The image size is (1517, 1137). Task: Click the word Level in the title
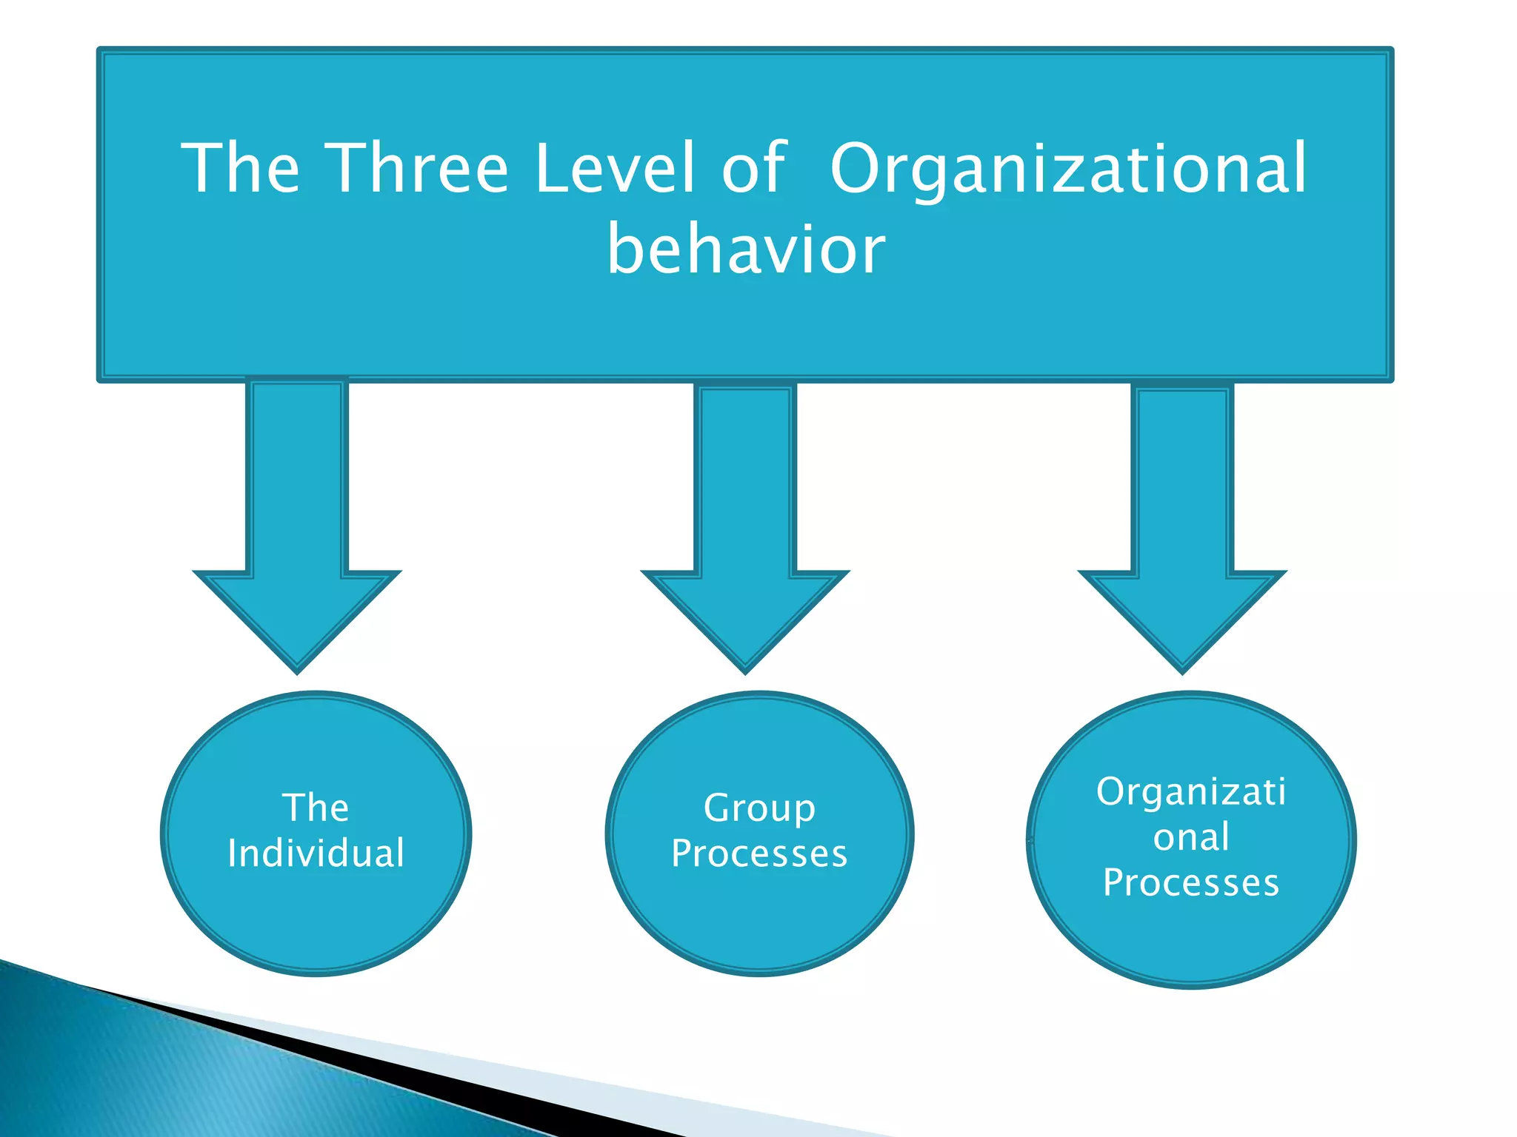[x=615, y=169]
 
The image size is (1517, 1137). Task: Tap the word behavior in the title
[x=746, y=249]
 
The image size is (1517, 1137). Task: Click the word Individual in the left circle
[x=316, y=853]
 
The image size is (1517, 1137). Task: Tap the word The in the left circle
[x=316, y=807]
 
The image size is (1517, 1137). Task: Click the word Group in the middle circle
[x=759, y=808]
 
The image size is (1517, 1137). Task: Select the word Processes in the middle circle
[x=759, y=853]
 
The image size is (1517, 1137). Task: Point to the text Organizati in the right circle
[x=1191, y=791]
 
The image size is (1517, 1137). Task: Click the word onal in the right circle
[x=1191, y=837]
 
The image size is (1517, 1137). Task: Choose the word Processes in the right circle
[x=1191, y=882]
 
